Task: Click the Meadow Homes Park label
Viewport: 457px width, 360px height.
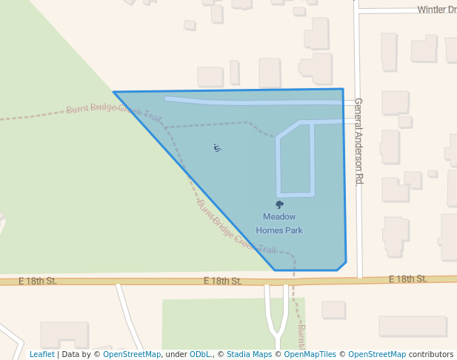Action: [x=279, y=223]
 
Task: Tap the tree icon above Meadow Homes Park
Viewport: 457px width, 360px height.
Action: [x=279, y=204]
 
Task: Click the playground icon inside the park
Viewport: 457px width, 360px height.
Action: [x=217, y=148]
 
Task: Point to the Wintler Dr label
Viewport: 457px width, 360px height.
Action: [x=436, y=10]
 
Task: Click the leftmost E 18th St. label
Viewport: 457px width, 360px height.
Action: [x=37, y=281]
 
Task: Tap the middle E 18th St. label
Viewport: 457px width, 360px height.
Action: [x=223, y=281]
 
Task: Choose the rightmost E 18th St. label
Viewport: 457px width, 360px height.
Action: [x=408, y=279]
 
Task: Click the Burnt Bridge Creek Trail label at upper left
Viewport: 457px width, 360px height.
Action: [x=113, y=113]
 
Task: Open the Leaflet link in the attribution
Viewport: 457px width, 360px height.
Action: [x=41, y=354]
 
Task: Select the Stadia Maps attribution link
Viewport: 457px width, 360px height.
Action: [x=248, y=354]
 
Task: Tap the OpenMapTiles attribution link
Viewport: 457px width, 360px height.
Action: [x=310, y=354]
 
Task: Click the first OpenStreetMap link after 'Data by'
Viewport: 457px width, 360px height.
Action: [x=132, y=354]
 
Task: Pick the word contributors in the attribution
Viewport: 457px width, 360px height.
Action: [x=431, y=354]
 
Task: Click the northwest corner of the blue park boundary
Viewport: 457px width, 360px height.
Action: [x=114, y=93]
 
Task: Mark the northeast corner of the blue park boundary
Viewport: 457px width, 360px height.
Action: [x=343, y=90]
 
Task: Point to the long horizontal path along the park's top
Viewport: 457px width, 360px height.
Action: [x=252, y=101]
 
